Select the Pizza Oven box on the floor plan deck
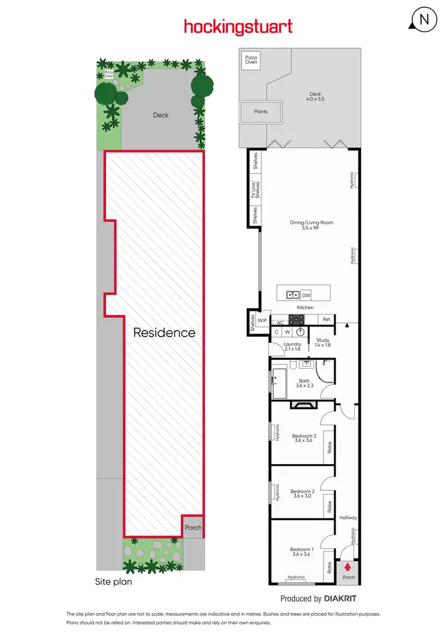(x=250, y=60)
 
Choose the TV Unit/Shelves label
(x=254, y=191)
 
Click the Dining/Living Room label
(x=311, y=225)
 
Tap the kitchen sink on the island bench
(x=293, y=294)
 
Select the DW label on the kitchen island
(x=306, y=294)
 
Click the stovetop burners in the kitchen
(x=297, y=319)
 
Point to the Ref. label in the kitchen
(x=327, y=320)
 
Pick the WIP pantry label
(x=262, y=320)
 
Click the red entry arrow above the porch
(x=348, y=566)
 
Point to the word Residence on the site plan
(x=164, y=332)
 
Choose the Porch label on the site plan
(x=193, y=528)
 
